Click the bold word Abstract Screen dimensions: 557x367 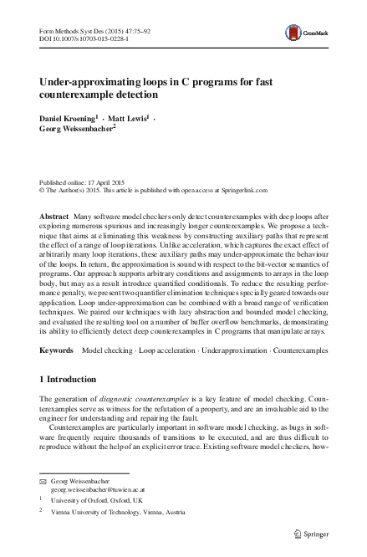coord(54,216)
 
